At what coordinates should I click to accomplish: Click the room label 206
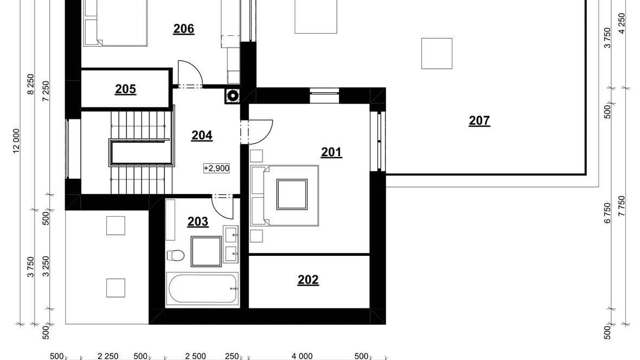pos(184,29)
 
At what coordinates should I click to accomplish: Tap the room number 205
pos(125,89)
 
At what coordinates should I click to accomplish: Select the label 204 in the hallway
pos(202,135)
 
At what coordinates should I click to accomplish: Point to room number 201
pos(331,152)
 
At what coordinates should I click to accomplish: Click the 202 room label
pos(308,280)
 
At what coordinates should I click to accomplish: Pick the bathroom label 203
pos(198,222)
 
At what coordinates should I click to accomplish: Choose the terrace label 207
pos(479,121)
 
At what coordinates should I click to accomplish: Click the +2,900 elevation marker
pos(216,168)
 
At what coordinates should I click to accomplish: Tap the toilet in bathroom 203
pos(176,255)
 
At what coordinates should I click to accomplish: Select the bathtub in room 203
pos(202,288)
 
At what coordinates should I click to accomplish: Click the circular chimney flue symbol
pos(233,96)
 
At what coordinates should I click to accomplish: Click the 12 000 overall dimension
pos(16,141)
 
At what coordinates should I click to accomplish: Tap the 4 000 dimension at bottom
pos(302,356)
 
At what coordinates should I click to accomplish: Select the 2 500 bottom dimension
pos(195,356)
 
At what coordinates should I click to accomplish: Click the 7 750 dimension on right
pos(621,206)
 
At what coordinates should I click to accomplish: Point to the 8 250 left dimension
pos(30,84)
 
